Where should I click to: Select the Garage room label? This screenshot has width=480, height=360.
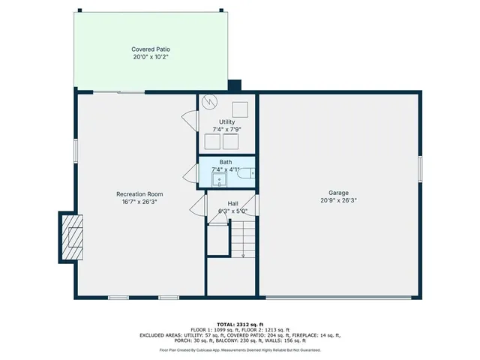tap(338, 193)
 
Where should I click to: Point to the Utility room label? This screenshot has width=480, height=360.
tap(226, 121)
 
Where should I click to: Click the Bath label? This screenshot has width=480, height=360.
tap(226, 162)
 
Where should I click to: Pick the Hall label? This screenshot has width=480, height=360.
tap(233, 203)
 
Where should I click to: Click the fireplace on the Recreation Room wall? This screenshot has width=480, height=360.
tap(73, 235)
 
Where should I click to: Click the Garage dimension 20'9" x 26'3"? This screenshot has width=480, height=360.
tap(338, 200)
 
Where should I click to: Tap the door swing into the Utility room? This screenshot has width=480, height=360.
tap(188, 120)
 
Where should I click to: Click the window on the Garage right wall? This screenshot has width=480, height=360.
tap(420, 169)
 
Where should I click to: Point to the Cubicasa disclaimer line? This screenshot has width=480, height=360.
tap(239, 349)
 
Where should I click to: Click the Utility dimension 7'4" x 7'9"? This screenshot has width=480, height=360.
tap(226, 129)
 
